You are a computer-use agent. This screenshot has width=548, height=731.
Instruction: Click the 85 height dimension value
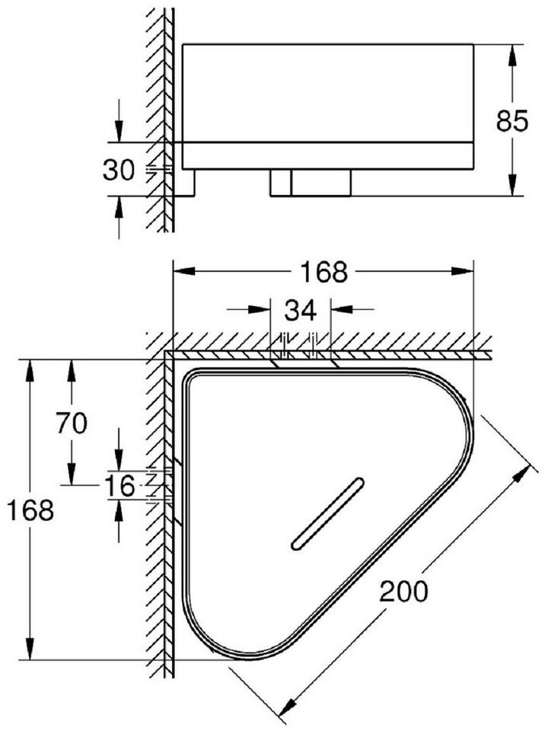coord(511,121)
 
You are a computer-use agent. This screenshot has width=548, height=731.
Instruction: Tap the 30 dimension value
coord(119,170)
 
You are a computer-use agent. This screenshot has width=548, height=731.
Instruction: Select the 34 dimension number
coord(301,310)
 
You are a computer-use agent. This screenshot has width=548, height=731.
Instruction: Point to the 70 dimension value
coord(72,423)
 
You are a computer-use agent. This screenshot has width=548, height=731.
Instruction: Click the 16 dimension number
coord(119,485)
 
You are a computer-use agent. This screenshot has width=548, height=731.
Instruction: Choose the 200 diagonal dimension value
coord(403,591)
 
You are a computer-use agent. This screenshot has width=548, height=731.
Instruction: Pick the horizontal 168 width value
coord(323,272)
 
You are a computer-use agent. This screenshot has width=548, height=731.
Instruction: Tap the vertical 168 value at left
coord(30,509)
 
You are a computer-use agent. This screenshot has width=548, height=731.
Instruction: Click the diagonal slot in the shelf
coord(327,512)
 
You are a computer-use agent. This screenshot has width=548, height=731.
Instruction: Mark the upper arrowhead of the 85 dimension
coord(512,56)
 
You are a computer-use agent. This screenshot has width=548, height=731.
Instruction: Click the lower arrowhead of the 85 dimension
coord(512,184)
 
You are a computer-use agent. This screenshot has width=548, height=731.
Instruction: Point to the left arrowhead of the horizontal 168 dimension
coord(184,271)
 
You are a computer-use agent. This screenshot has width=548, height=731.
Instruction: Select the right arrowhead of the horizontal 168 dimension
coord(462,271)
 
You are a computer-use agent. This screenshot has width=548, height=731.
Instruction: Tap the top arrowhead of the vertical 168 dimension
coord(30,371)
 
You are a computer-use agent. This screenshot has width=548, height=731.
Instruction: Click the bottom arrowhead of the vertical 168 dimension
coord(30,649)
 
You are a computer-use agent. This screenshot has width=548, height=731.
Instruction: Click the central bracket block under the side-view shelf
coord(311,183)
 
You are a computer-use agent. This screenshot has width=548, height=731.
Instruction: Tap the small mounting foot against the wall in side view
coord(184,183)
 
